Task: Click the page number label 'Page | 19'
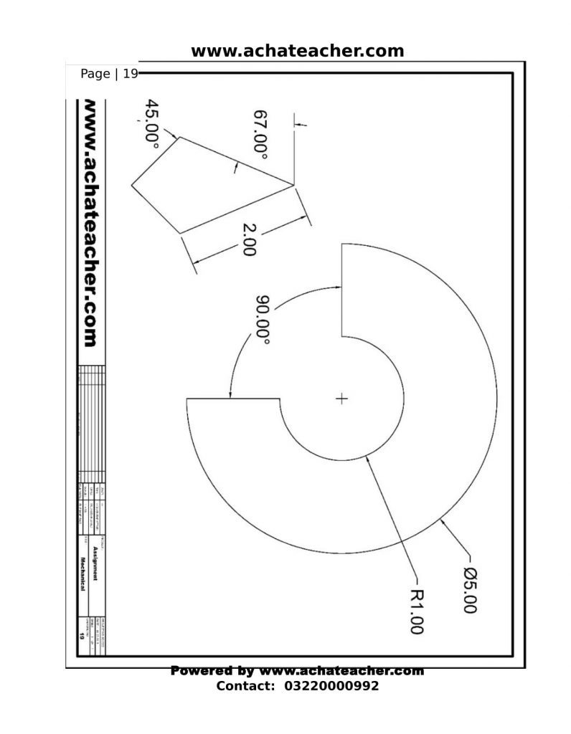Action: [x=108, y=73]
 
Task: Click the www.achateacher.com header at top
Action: [x=297, y=51]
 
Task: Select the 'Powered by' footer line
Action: [x=297, y=671]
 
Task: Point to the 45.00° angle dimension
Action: [x=152, y=122]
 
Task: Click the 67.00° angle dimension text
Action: [x=260, y=135]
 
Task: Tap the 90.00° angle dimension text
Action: [x=263, y=320]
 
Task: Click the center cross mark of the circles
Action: [x=341, y=399]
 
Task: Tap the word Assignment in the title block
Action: [x=95, y=563]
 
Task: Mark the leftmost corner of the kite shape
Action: [x=131, y=186]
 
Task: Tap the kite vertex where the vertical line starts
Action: [x=294, y=185]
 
